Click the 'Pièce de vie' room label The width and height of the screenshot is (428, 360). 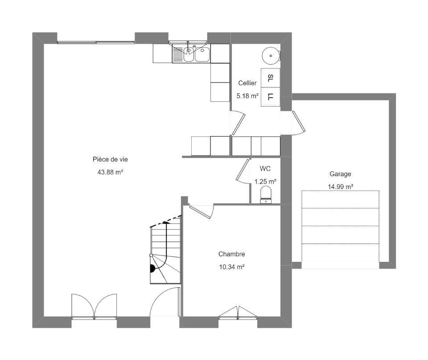coord(110,159)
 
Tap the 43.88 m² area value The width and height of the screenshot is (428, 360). coord(110,172)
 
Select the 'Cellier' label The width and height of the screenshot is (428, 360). coord(247,83)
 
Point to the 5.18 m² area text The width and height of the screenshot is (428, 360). coord(247,96)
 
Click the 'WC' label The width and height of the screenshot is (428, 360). coord(265,169)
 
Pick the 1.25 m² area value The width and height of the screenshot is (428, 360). coord(265,182)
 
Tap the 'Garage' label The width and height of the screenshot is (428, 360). coord(340,174)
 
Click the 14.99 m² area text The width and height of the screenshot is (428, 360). coord(340,186)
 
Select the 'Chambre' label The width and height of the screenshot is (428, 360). coord(231,254)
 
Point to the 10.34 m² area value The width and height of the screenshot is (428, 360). coord(231,267)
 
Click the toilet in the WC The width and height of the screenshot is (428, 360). coord(266,194)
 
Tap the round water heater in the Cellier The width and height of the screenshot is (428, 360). coord(271,56)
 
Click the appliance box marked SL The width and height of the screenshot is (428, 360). coord(271,78)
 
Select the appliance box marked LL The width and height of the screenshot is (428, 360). coord(271,97)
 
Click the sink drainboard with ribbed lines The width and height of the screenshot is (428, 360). coord(178,54)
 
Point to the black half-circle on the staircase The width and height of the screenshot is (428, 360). coord(152,269)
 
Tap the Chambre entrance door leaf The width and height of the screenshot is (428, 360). coord(200,212)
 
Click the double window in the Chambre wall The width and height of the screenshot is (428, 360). coord(238,313)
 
